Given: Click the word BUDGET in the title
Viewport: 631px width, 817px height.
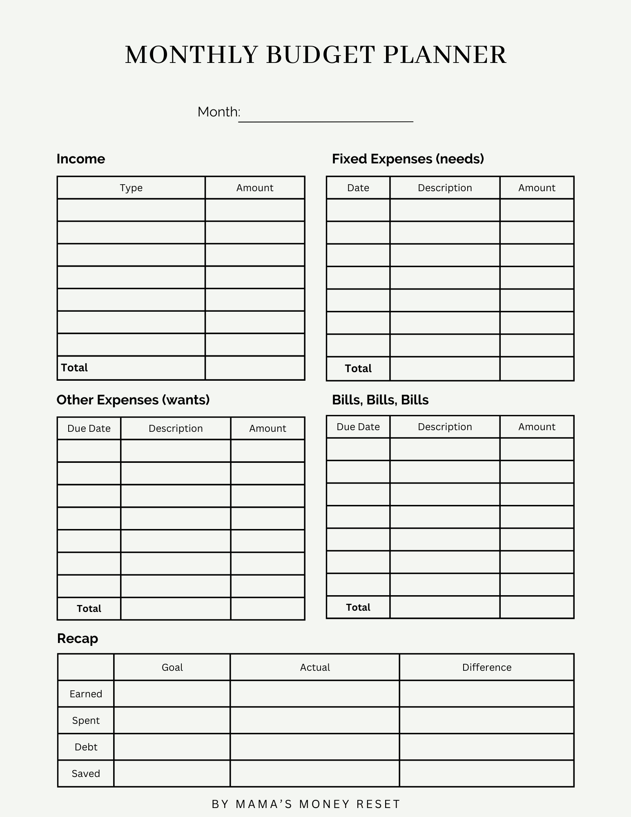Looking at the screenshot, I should (320, 55).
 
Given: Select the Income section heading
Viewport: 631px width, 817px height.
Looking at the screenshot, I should (81, 159).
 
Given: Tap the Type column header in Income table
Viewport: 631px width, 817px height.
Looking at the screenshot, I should (131, 188).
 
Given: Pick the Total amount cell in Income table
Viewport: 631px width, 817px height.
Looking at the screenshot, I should (255, 368).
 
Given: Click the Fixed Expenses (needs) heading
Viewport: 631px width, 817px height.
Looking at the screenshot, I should (408, 159).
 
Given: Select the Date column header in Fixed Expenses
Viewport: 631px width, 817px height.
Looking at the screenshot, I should (358, 188).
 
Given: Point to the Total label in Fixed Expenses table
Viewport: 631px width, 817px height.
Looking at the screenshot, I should (358, 368).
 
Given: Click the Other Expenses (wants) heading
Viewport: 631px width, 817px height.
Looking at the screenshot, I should (133, 400).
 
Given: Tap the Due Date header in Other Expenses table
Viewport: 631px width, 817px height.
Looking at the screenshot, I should (89, 429).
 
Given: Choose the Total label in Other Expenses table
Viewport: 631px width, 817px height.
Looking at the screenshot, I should (89, 609).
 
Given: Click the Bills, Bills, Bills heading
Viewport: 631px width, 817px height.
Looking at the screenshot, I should (380, 400).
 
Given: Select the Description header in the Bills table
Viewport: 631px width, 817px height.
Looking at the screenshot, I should (445, 427).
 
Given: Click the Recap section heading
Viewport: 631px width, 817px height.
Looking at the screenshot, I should (78, 638).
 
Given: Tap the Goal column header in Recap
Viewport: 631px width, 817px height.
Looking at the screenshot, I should (172, 667).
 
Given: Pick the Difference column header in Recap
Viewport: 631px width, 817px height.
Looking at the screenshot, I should (487, 667).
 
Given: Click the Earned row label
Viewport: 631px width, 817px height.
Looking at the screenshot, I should (86, 694).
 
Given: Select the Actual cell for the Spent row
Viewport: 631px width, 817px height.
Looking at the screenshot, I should (314, 720).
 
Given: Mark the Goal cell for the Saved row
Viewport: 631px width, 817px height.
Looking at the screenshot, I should (172, 773).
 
